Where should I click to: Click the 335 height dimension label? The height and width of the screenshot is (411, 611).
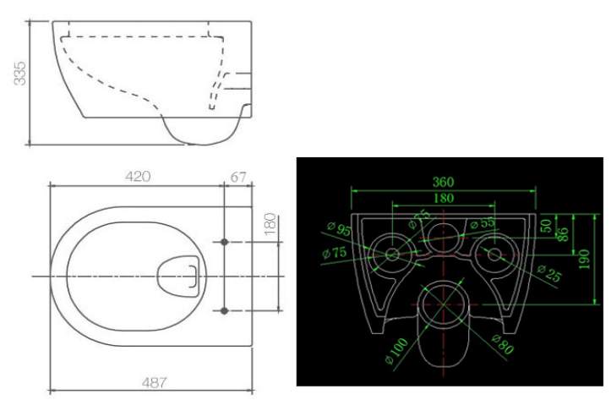point(19,74)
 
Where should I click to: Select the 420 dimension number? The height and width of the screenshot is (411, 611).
point(138,177)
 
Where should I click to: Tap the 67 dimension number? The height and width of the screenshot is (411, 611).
point(238,177)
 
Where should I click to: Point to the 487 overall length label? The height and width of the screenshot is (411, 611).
point(154,382)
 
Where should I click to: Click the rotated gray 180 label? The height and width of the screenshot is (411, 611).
point(270,224)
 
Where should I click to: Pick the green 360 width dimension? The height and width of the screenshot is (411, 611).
point(443,182)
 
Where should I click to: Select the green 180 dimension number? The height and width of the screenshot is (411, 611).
point(444,198)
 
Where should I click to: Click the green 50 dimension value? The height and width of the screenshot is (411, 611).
point(546,226)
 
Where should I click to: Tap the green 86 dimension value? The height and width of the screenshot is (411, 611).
point(563,234)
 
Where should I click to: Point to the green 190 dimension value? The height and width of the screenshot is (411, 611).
point(583,260)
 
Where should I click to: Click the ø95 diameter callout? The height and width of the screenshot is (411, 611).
point(339,229)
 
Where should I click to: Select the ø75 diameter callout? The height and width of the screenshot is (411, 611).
point(335,253)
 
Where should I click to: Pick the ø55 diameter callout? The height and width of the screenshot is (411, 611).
point(482,223)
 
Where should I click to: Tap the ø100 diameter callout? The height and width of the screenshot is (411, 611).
point(396,351)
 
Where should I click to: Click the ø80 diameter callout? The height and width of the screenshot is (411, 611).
point(502,344)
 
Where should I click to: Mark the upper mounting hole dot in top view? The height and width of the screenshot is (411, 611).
point(224,242)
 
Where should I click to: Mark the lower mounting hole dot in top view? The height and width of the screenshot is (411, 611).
point(224,310)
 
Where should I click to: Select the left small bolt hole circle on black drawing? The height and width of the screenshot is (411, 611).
point(392,255)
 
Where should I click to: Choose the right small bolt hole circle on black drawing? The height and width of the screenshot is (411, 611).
point(494,255)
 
